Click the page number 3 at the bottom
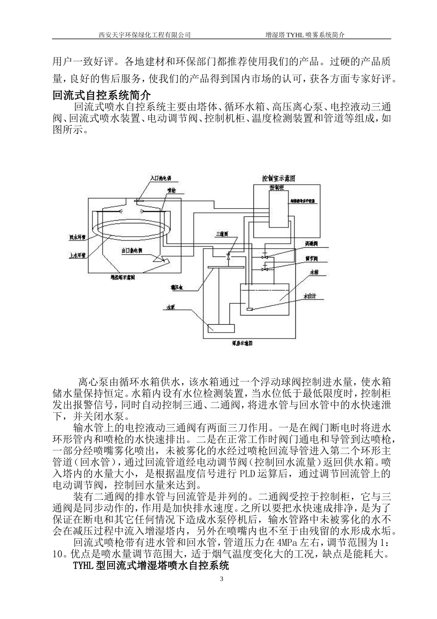click(222, 579)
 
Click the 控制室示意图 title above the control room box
click(278, 178)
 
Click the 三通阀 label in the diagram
click(222, 234)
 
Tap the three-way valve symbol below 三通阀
click(228, 256)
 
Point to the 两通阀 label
click(311, 243)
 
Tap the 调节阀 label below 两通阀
click(311, 259)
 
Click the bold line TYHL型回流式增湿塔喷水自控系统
click(151, 565)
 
